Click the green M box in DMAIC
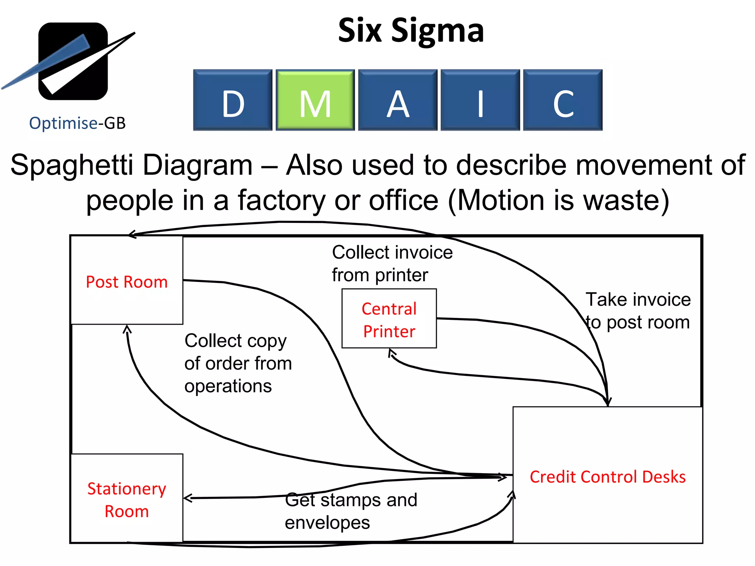click(315, 100)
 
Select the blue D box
click(233, 100)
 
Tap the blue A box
click(398, 100)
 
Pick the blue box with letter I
click(480, 100)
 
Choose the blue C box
click(563, 100)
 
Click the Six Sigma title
click(411, 31)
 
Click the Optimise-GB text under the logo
click(77, 123)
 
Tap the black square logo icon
click(73, 61)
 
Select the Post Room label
click(127, 282)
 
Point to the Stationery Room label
click(127, 500)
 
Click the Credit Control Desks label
click(608, 477)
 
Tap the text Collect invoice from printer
click(392, 263)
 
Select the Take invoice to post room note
click(638, 311)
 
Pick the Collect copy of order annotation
click(238, 363)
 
